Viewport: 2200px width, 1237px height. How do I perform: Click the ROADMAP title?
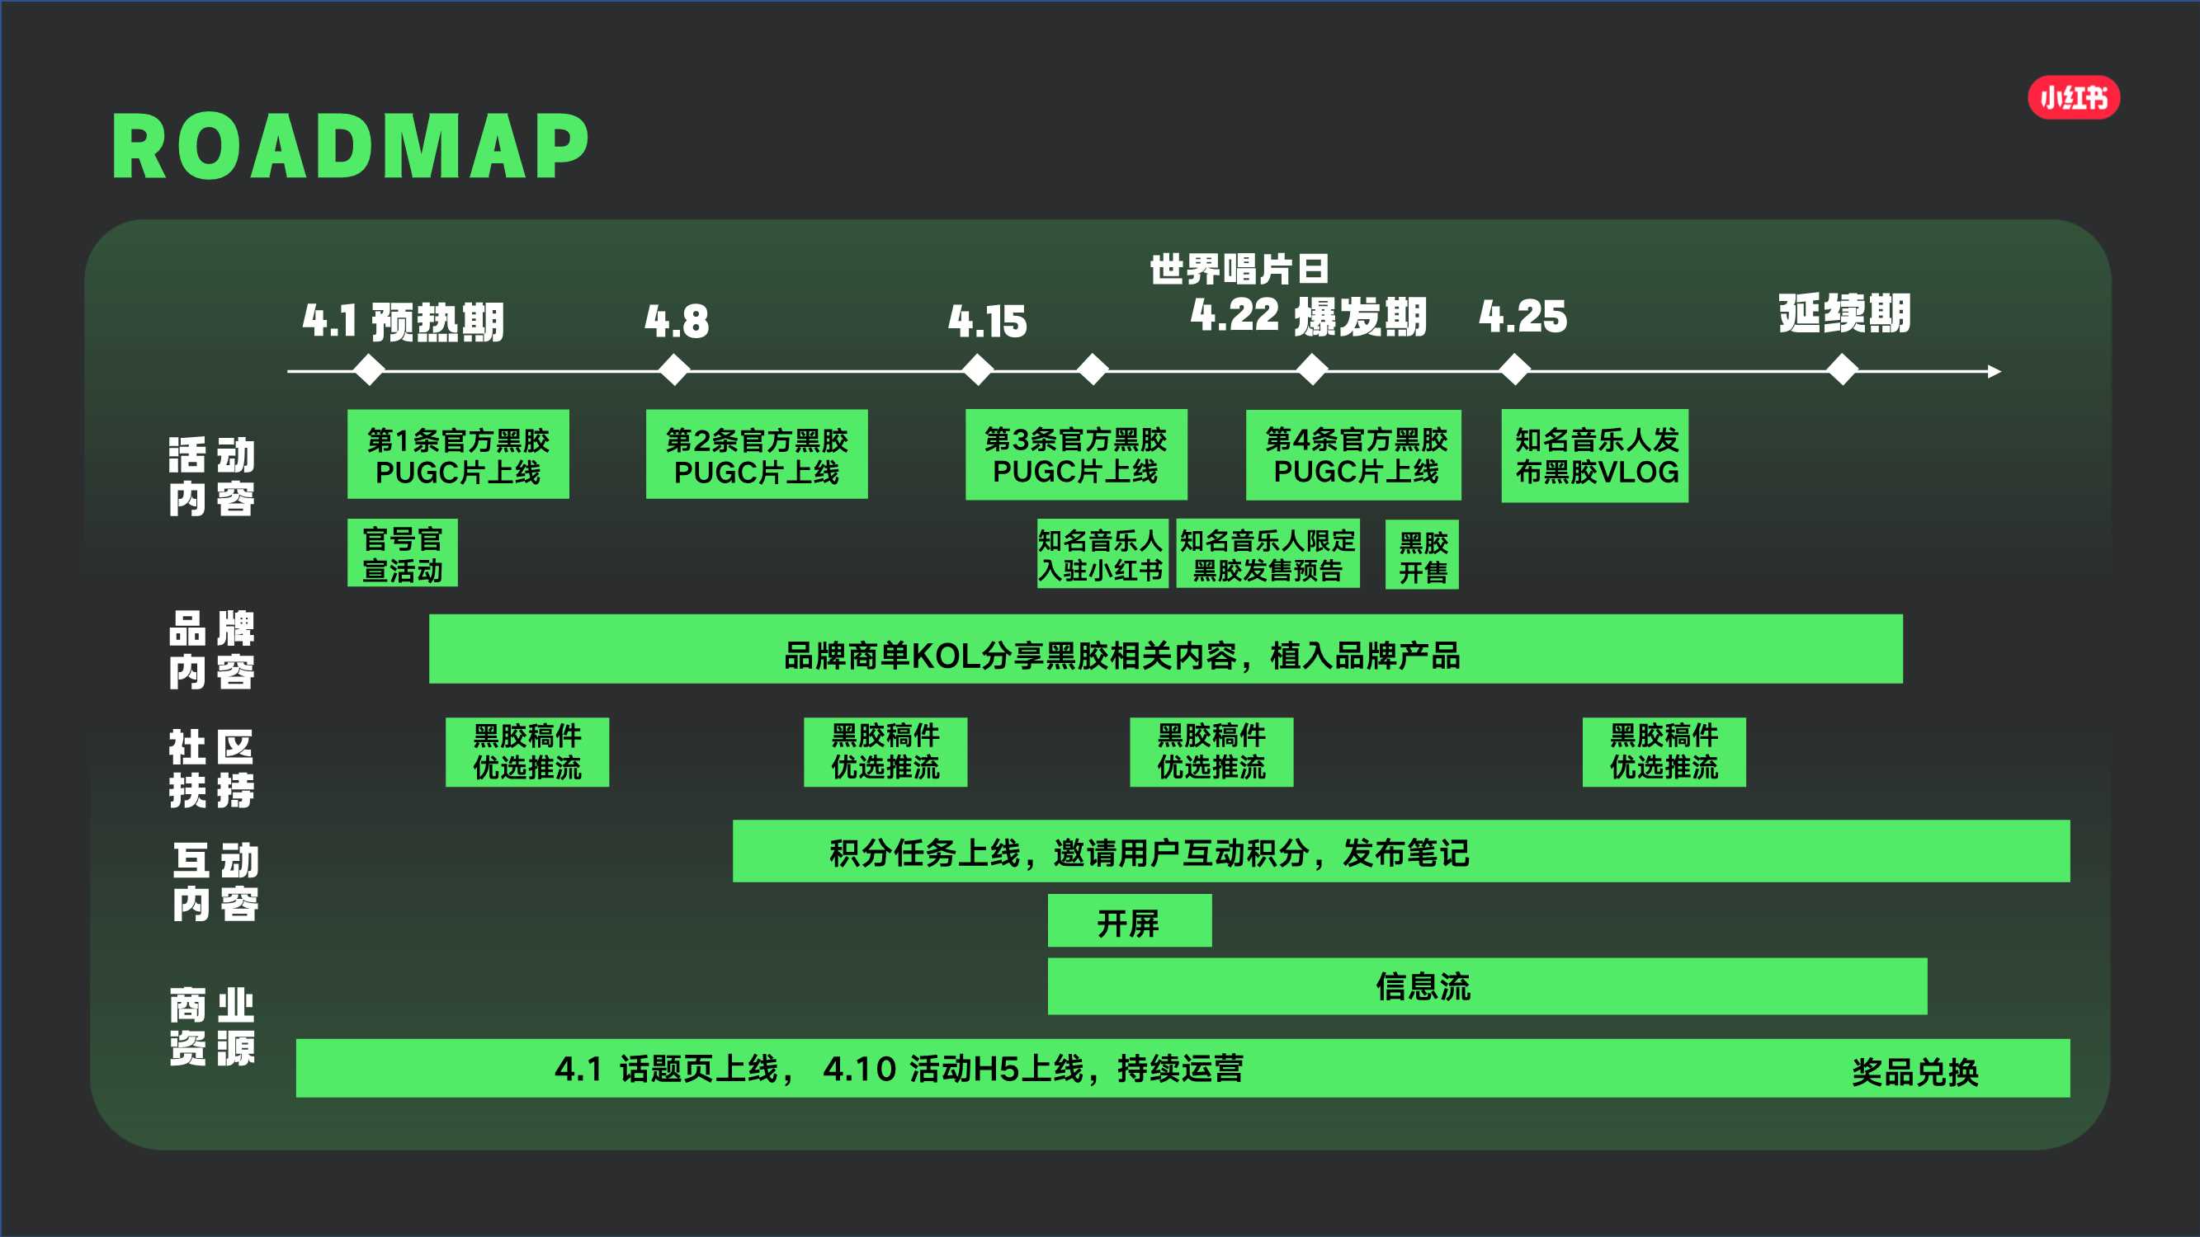(350, 147)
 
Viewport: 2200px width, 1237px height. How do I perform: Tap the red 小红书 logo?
(2073, 98)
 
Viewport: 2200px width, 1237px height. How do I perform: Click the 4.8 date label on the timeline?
(677, 321)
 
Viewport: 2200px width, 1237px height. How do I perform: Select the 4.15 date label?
(987, 321)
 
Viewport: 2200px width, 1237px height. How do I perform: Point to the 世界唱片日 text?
(1239, 269)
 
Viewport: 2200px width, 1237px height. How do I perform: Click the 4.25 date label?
(1523, 316)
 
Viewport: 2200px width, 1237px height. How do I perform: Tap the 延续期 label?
(1844, 313)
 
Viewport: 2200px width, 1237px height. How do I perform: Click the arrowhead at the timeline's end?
(1995, 371)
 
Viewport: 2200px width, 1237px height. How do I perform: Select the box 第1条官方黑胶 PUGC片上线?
(458, 455)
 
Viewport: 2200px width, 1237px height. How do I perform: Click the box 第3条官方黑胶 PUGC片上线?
(1075, 455)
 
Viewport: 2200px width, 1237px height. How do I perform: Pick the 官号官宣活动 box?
(402, 553)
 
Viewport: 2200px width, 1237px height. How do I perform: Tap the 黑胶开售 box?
(1422, 556)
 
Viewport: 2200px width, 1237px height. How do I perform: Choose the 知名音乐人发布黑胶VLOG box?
(1594, 456)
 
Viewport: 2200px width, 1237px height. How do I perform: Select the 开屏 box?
(1129, 921)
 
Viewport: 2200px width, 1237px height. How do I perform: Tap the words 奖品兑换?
(1914, 1071)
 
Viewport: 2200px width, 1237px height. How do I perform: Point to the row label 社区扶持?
(212, 769)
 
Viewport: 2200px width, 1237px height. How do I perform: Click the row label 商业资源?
(212, 1027)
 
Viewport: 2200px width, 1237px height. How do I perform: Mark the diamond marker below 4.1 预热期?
(369, 371)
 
